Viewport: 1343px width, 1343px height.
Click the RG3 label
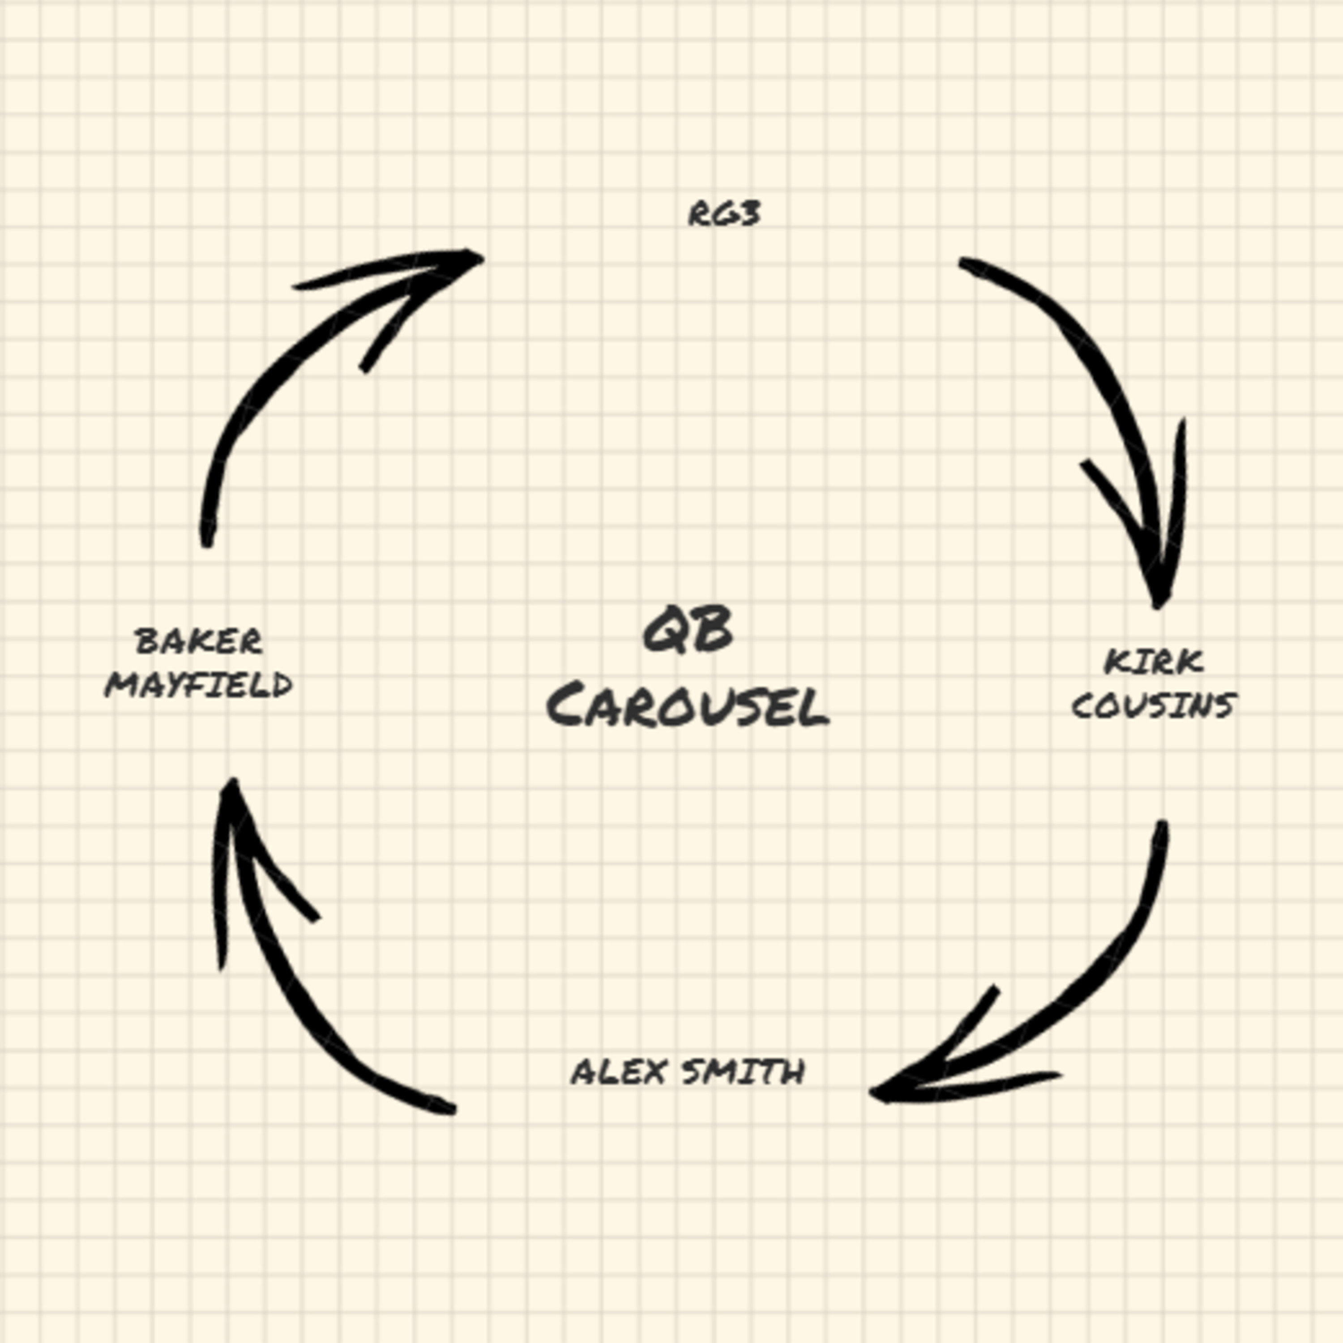[x=723, y=214]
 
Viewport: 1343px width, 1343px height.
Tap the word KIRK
[x=1153, y=662]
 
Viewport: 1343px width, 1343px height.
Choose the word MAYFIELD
[x=199, y=685]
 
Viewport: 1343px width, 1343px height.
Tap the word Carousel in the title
[x=688, y=706]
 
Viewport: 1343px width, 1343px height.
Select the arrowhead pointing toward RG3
[x=466, y=260]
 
